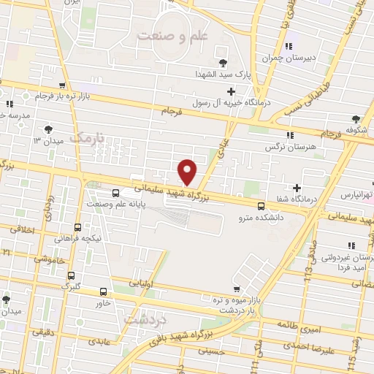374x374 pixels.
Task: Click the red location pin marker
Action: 188,172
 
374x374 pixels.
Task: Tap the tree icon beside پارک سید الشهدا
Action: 224,63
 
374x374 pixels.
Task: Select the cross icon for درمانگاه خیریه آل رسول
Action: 231,91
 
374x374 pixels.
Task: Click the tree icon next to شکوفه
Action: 356,119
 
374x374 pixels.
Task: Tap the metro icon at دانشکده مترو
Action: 261,207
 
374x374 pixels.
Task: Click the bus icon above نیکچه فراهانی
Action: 78,227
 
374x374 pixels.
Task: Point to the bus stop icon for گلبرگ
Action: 71,275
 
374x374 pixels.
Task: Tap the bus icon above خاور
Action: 103,291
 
